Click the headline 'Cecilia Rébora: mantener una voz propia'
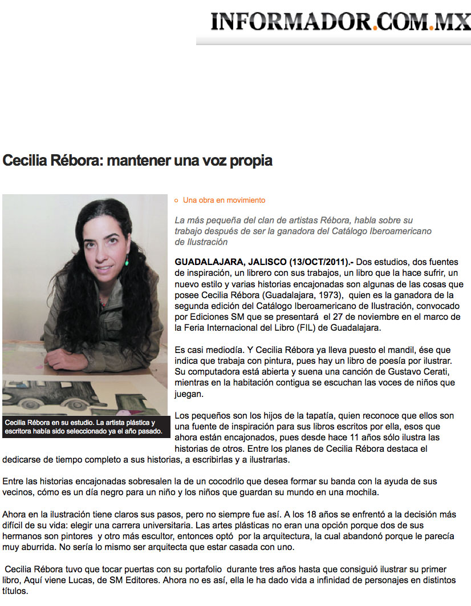(137, 160)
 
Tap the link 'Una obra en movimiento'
(224, 200)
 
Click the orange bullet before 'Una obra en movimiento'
(177, 200)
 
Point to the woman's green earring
(126, 262)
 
